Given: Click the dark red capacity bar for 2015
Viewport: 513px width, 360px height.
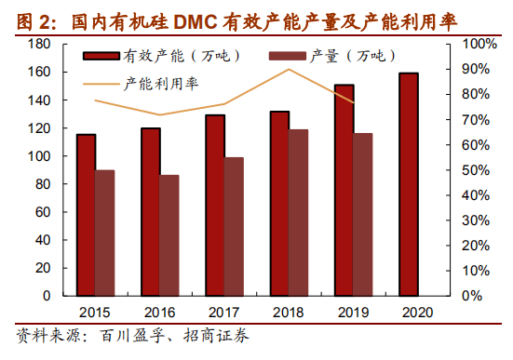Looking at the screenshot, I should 86,215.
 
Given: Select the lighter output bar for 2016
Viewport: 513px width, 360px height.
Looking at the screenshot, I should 169,235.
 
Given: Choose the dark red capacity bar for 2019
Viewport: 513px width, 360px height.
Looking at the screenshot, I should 344,190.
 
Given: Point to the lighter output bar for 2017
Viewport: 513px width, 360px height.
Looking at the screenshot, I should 234,226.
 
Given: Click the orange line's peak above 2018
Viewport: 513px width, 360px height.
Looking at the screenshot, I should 289,70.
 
